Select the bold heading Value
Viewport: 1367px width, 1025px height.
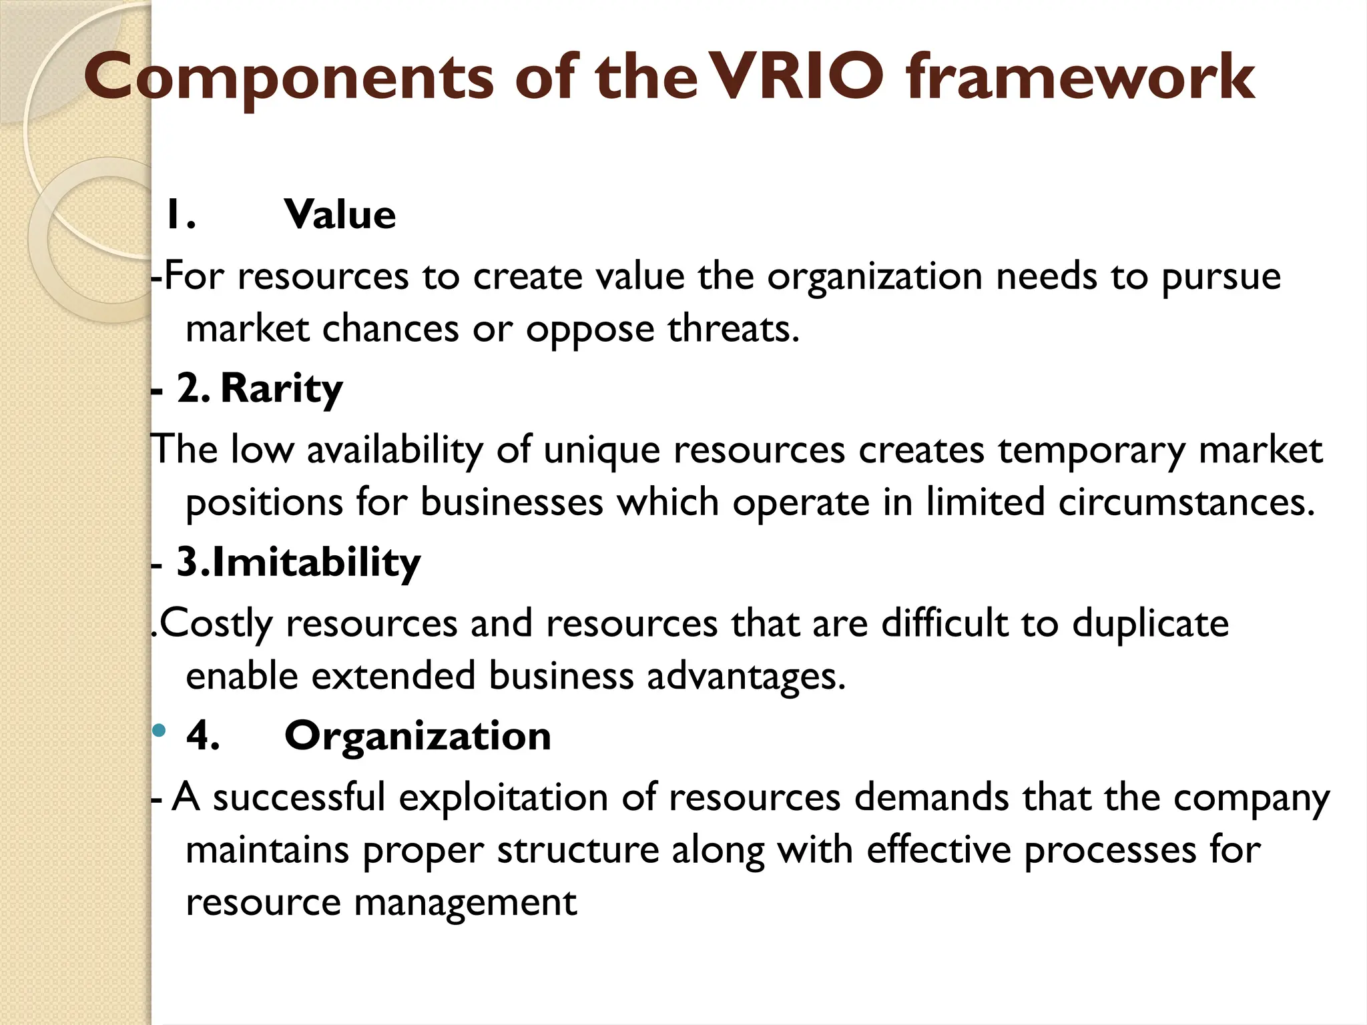(340, 215)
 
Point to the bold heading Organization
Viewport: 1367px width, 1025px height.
(418, 735)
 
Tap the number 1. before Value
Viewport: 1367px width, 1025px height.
(180, 215)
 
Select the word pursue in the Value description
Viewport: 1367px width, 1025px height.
(1221, 277)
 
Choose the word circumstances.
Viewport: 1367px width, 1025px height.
(1186, 502)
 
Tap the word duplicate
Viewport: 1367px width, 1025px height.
(1150, 624)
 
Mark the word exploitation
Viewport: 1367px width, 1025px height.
(503, 797)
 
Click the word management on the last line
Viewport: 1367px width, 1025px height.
(465, 903)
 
